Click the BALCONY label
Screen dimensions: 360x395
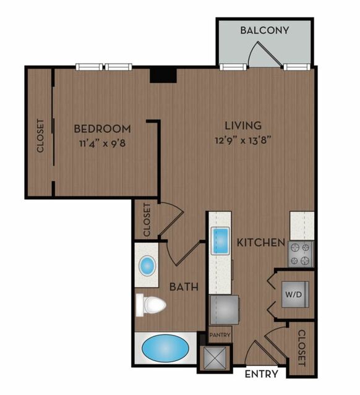pyautogui.click(x=265, y=30)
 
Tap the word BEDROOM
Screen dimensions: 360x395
pyautogui.click(x=102, y=129)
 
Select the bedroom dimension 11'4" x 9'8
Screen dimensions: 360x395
pyautogui.click(x=102, y=143)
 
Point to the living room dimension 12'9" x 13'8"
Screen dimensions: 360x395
pyautogui.click(x=243, y=140)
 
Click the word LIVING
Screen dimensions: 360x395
pyautogui.click(x=243, y=125)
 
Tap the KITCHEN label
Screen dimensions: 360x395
pyautogui.click(x=261, y=242)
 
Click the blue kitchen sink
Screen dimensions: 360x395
pyautogui.click(x=220, y=240)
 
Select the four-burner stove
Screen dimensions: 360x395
pyautogui.click(x=300, y=254)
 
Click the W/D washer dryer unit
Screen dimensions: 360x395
pyautogui.click(x=295, y=294)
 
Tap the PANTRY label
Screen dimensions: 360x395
pyautogui.click(x=220, y=335)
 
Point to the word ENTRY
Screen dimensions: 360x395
pyautogui.click(x=262, y=374)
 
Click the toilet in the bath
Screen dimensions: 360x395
pyautogui.click(x=150, y=305)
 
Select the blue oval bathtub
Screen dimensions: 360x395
pyautogui.click(x=165, y=349)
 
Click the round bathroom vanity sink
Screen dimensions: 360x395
pyautogui.click(x=147, y=266)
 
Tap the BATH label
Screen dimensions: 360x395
pyautogui.click(x=184, y=287)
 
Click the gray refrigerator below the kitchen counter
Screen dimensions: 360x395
pyautogui.click(x=225, y=310)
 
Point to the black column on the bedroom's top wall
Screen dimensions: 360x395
pyautogui.click(x=163, y=75)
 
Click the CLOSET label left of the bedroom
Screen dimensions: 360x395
pyautogui.click(x=40, y=136)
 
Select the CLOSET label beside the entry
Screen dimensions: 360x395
pyautogui.click(x=301, y=348)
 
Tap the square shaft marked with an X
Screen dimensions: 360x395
pyautogui.click(x=215, y=359)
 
